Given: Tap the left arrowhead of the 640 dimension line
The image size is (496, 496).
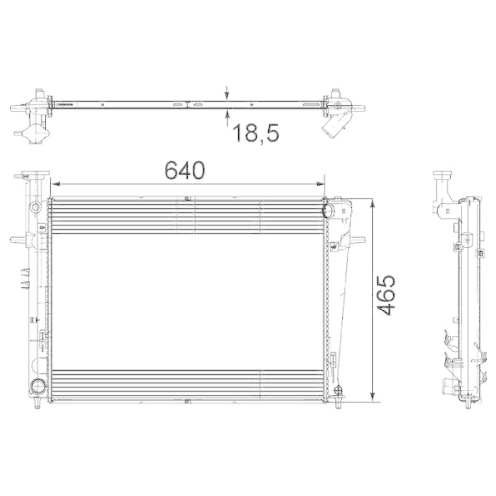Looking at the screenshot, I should [x=56, y=184].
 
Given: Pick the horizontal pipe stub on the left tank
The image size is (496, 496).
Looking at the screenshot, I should [x=19, y=239].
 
